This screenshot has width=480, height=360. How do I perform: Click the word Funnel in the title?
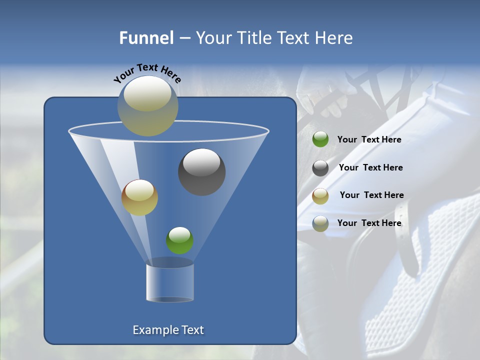coord(146,38)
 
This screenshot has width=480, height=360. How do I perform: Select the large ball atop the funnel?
coord(147,105)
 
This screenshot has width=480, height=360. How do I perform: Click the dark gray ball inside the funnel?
coord(202,171)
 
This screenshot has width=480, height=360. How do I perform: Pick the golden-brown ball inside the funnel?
coord(139,197)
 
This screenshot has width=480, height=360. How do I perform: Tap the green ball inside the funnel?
coord(179,240)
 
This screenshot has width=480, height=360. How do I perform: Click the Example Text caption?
coord(168,330)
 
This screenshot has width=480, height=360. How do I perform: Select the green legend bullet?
coord(320,139)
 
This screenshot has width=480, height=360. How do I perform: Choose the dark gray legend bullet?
coord(320,167)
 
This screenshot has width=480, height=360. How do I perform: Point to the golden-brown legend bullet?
coord(320,195)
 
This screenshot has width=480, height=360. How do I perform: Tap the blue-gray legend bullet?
coord(320,223)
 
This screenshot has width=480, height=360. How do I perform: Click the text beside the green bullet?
coord(369,139)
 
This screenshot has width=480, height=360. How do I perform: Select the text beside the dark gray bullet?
coord(370,167)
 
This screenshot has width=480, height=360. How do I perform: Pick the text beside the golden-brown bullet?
coord(371,195)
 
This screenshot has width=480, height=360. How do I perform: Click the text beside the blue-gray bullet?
coord(369,223)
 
